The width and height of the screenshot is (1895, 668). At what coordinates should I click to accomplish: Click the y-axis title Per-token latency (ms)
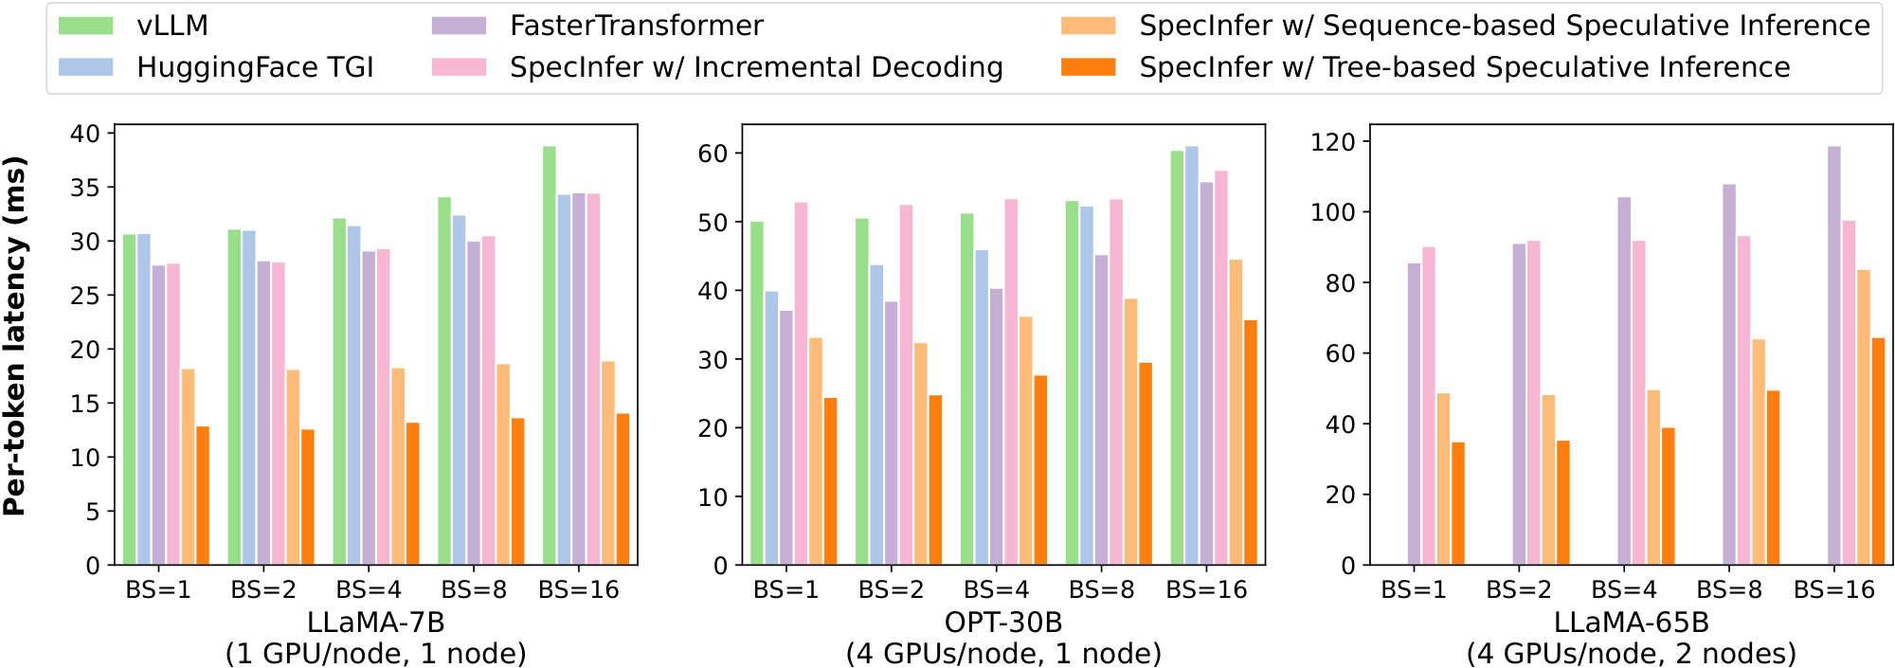[15, 336]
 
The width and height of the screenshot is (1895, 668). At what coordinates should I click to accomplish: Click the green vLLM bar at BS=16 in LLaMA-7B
[550, 355]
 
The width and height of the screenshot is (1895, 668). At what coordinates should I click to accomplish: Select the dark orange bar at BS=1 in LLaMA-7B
[203, 496]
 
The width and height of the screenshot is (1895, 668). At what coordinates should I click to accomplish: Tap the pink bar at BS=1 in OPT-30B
[801, 384]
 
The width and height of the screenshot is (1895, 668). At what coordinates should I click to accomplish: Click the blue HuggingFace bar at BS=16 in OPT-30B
[1192, 355]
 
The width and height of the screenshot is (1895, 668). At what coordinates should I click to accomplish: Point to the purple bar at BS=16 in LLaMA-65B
[1834, 355]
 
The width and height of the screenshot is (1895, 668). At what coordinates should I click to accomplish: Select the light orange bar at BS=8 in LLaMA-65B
[1759, 452]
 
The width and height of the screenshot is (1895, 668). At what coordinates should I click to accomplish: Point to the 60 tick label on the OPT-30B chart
[713, 153]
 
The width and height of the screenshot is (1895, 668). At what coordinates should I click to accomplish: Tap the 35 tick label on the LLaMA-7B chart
[85, 188]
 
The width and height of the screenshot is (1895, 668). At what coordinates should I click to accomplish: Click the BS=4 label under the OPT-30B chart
[995, 590]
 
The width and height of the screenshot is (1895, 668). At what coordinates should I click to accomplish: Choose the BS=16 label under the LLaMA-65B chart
[1833, 590]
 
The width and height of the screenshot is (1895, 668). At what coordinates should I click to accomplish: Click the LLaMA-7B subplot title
[375, 623]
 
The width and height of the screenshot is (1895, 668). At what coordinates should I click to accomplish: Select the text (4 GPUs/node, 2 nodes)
[1631, 654]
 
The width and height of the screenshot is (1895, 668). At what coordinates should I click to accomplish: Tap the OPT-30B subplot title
[1003, 623]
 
